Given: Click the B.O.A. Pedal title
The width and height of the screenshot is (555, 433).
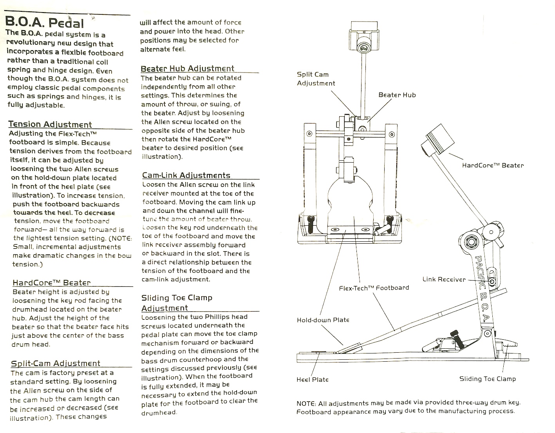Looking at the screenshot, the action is (x=44, y=23).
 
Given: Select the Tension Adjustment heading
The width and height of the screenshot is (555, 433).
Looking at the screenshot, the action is (x=50, y=124).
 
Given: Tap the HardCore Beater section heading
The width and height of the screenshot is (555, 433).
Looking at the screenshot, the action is (x=52, y=283).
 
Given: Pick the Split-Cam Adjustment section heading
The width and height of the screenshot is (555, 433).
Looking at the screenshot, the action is (x=56, y=363).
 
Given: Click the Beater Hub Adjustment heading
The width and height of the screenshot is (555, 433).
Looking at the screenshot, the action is (x=188, y=69).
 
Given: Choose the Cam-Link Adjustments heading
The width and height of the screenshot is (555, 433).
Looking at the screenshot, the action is (x=186, y=175).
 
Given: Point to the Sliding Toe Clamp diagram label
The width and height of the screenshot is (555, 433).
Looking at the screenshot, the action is (x=488, y=379).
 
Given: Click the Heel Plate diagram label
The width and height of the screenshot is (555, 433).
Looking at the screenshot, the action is (x=313, y=380).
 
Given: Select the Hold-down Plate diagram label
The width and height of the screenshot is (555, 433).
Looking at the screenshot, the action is (x=323, y=320).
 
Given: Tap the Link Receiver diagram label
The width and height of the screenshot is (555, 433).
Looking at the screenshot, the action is (x=444, y=279).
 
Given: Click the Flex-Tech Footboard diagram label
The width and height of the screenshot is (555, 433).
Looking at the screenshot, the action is (x=374, y=288).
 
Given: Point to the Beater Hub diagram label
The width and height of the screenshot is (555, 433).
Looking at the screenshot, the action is (x=397, y=95).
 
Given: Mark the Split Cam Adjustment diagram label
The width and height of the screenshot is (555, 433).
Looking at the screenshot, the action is (x=316, y=79).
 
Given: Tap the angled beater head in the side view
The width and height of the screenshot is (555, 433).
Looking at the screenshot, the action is (x=438, y=140).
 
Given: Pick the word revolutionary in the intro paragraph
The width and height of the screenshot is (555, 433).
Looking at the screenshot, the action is (x=31, y=43).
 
